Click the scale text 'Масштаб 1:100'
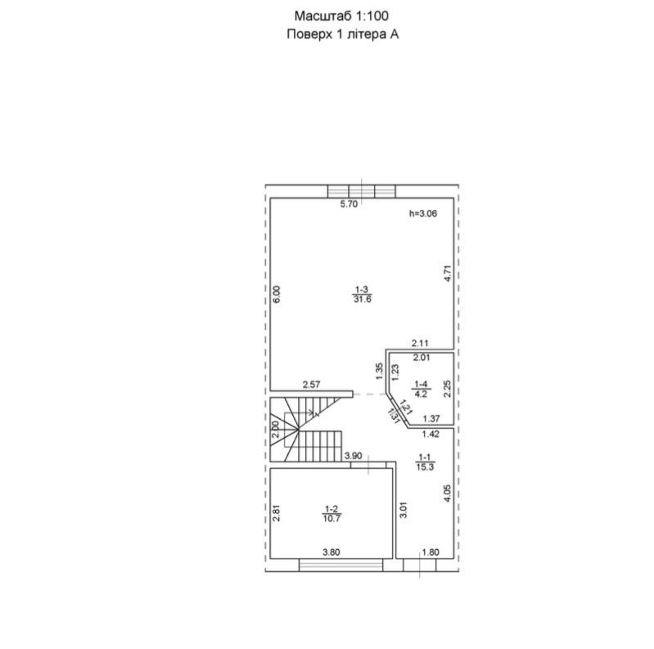tap(341, 16)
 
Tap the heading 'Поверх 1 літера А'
tap(342, 34)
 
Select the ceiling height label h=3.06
tap(423, 214)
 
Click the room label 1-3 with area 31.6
tap(362, 294)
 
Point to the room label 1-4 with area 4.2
tap(421, 389)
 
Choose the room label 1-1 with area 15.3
tap(425, 462)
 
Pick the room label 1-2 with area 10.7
tap(332, 514)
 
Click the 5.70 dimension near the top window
tap(350, 205)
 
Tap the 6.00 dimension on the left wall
tap(277, 295)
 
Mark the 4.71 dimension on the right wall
tap(448, 273)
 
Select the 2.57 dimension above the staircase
tap(312, 385)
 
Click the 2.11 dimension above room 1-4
tap(420, 343)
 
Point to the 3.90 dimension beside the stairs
tap(354, 456)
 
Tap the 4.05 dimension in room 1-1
tap(448, 493)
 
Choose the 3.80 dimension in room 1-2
tap(332, 552)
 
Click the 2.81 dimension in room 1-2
tap(276, 513)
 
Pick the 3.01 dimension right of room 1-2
tap(403, 509)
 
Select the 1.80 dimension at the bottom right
tap(431, 552)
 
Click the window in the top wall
tap(361, 192)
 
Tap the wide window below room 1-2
tap(341, 565)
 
